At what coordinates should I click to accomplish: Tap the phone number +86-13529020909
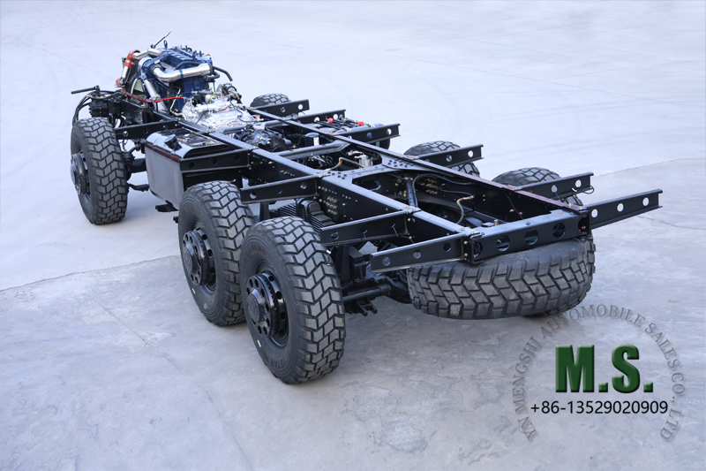pos(599,408)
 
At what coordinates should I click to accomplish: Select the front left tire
pos(99,171)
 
